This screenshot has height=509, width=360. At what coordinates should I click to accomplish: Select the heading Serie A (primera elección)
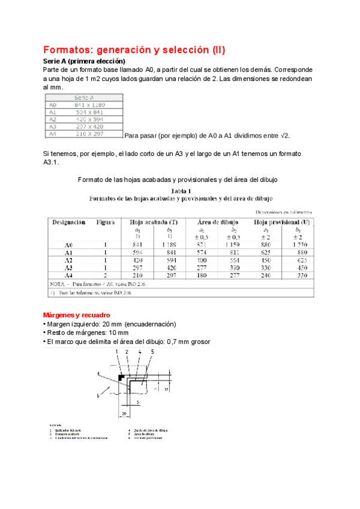pyautogui.click(x=84, y=61)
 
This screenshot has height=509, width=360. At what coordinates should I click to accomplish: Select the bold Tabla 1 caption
pyautogui.click(x=180, y=190)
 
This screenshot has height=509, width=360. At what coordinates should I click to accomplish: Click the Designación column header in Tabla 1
pyautogui.click(x=68, y=222)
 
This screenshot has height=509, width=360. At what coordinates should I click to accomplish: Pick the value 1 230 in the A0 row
pyautogui.click(x=299, y=245)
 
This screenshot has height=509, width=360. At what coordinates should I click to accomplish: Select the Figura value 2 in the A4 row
pyautogui.click(x=105, y=275)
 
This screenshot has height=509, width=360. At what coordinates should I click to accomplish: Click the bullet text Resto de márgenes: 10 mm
pyautogui.click(x=87, y=333)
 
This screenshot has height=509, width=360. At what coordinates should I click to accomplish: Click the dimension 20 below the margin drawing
pyautogui.click(x=123, y=414)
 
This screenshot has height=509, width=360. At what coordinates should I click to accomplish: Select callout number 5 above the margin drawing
pyautogui.click(x=152, y=351)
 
